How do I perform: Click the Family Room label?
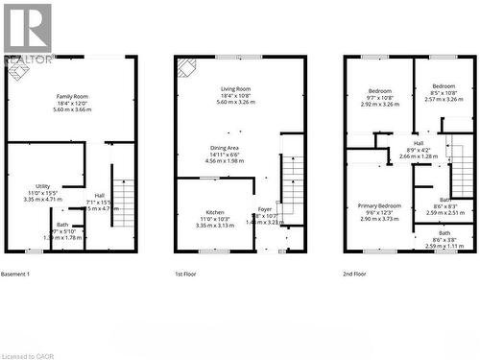click(72, 97)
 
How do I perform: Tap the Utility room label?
click(42, 186)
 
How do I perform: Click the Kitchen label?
click(214, 212)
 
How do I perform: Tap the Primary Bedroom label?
click(379, 206)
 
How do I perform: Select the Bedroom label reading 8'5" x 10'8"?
click(443, 85)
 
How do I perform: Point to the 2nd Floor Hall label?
click(418, 143)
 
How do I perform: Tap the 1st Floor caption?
click(186, 275)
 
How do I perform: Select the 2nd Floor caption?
click(355, 275)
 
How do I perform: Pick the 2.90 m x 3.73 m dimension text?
click(379, 219)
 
